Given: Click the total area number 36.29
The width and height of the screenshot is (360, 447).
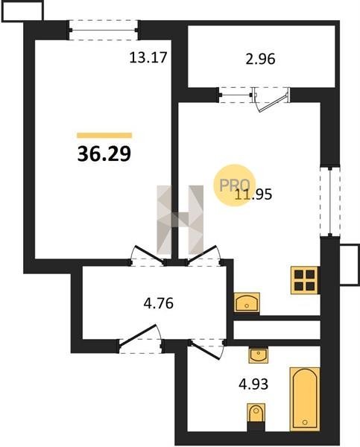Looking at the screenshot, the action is [x=104, y=153].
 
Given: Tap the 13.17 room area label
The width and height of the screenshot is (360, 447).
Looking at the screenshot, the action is [x=148, y=57].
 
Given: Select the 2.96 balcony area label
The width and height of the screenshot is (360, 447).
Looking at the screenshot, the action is [x=260, y=59].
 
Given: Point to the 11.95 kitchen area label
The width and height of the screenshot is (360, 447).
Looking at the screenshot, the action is [x=253, y=194].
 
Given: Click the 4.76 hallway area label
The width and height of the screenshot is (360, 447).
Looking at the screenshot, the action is [x=158, y=303].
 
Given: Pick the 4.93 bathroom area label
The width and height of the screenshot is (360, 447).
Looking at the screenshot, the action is [x=253, y=384].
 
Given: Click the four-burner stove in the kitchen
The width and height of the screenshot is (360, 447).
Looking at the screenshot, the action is [x=304, y=280].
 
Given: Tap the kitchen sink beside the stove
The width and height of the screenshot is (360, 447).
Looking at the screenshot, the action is [x=247, y=302].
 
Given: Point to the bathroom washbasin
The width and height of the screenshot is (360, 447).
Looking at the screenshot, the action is [x=258, y=355].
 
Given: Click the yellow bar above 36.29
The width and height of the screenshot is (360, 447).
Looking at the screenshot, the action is [x=104, y=135].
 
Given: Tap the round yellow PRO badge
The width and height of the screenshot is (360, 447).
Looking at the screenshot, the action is [x=235, y=186].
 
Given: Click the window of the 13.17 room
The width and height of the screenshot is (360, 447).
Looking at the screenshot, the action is [x=104, y=30].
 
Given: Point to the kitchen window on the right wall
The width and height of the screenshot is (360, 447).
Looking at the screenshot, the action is [x=330, y=202].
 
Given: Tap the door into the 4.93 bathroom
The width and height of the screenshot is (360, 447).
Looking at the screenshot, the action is [x=207, y=349].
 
